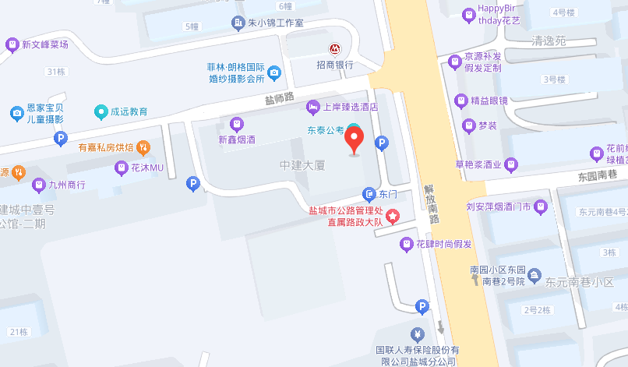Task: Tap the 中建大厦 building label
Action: [x=302, y=166]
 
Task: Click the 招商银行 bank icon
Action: [x=334, y=49]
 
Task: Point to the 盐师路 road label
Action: [x=279, y=98]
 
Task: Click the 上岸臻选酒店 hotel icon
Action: [x=312, y=106]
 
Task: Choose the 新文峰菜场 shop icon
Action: [x=12, y=44]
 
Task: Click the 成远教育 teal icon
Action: [x=101, y=111]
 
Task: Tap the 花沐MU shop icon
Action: [x=122, y=168]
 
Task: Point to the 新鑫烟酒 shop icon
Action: [x=237, y=123]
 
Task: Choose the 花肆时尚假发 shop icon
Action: [x=406, y=244]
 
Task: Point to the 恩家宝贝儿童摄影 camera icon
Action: [x=16, y=114]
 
